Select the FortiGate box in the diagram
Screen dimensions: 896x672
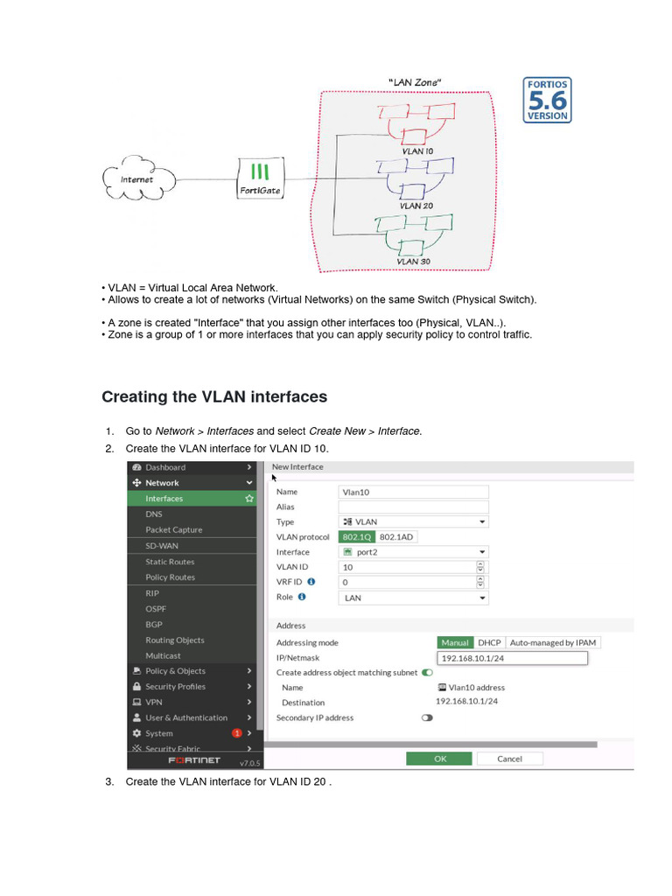[260, 178]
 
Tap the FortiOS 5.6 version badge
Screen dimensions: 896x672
[547, 100]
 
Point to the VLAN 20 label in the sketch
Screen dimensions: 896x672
[416, 206]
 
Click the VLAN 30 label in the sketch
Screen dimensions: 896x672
[413, 261]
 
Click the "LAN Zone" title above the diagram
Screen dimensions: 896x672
[415, 82]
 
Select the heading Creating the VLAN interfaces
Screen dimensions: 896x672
[214, 396]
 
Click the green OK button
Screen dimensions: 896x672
[440, 759]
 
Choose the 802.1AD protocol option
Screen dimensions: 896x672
[397, 536]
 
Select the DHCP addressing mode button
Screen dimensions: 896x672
[489, 642]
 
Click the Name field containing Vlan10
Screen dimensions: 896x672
[413, 492]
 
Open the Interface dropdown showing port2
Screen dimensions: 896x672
[413, 552]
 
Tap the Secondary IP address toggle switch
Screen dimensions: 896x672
[427, 717]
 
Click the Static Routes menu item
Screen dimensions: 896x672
[170, 562]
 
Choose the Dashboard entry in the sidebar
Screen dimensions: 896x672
[164, 467]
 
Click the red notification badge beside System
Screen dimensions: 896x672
[236, 732]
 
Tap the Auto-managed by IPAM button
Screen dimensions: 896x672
[552, 642]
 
